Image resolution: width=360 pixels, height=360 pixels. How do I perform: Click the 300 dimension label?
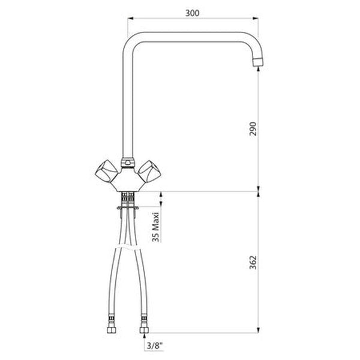coord(192,13)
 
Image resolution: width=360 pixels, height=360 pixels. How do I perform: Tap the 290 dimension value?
coord(253,129)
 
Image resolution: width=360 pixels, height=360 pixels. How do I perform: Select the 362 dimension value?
coord(253,262)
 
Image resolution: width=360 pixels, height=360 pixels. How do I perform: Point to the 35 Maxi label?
coord(155,227)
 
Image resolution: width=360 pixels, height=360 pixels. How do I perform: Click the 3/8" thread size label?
coord(155,346)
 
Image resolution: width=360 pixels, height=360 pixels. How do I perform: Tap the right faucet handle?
coord(149,171)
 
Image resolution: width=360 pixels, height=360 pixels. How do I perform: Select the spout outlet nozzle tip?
coord(258,62)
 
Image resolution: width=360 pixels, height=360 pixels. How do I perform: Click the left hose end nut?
coord(112,330)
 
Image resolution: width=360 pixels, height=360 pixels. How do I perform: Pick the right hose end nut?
coord(144,330)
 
